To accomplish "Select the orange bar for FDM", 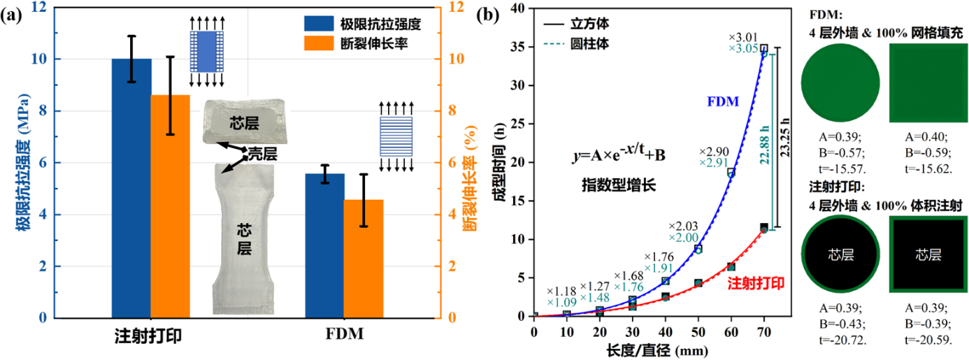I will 363,259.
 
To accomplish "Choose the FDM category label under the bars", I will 343,336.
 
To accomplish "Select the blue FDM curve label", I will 724,101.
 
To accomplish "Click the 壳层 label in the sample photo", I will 264,154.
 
